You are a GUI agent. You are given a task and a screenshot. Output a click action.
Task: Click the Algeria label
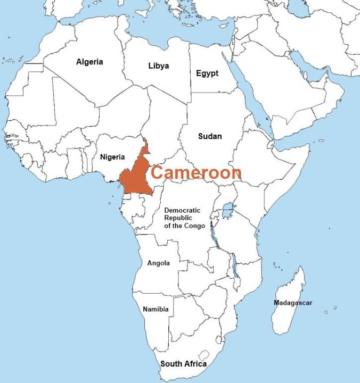(x=89, y=62)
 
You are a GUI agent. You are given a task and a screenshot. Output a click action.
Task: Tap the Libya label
(x=158, y=66)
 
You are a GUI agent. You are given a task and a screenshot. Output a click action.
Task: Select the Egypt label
(x=207, y=73)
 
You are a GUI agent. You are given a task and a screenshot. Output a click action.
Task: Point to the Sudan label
(x=210, y=136)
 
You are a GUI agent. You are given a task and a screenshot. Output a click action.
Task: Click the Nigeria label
(x=112, y=157)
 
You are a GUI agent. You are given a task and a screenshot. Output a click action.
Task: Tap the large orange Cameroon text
(x=196, y=172)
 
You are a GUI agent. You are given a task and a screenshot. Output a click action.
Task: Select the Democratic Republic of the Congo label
(x=183, y=218)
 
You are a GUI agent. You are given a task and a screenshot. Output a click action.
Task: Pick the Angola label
(x=158, y=263)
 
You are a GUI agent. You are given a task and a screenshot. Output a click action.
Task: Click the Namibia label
(x=156, y=309)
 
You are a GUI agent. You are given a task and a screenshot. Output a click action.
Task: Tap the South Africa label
(x=183, y=364)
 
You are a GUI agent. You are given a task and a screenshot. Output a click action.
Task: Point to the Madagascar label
(x=293, y=303)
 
